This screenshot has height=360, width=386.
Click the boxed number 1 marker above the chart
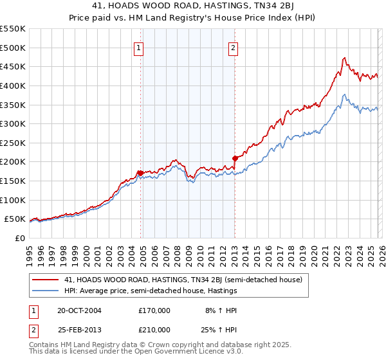(140, 47)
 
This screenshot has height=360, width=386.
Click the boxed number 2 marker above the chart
(233, 47)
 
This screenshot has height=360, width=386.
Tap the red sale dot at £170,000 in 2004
(140, 172)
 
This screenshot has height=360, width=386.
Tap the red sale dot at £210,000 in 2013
(235, 157)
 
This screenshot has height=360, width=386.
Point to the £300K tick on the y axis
(13, 123)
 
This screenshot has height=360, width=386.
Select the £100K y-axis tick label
(13, 200)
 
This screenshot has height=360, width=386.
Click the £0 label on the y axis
(19, 238)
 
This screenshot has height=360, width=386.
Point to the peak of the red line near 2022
(344, 58)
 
